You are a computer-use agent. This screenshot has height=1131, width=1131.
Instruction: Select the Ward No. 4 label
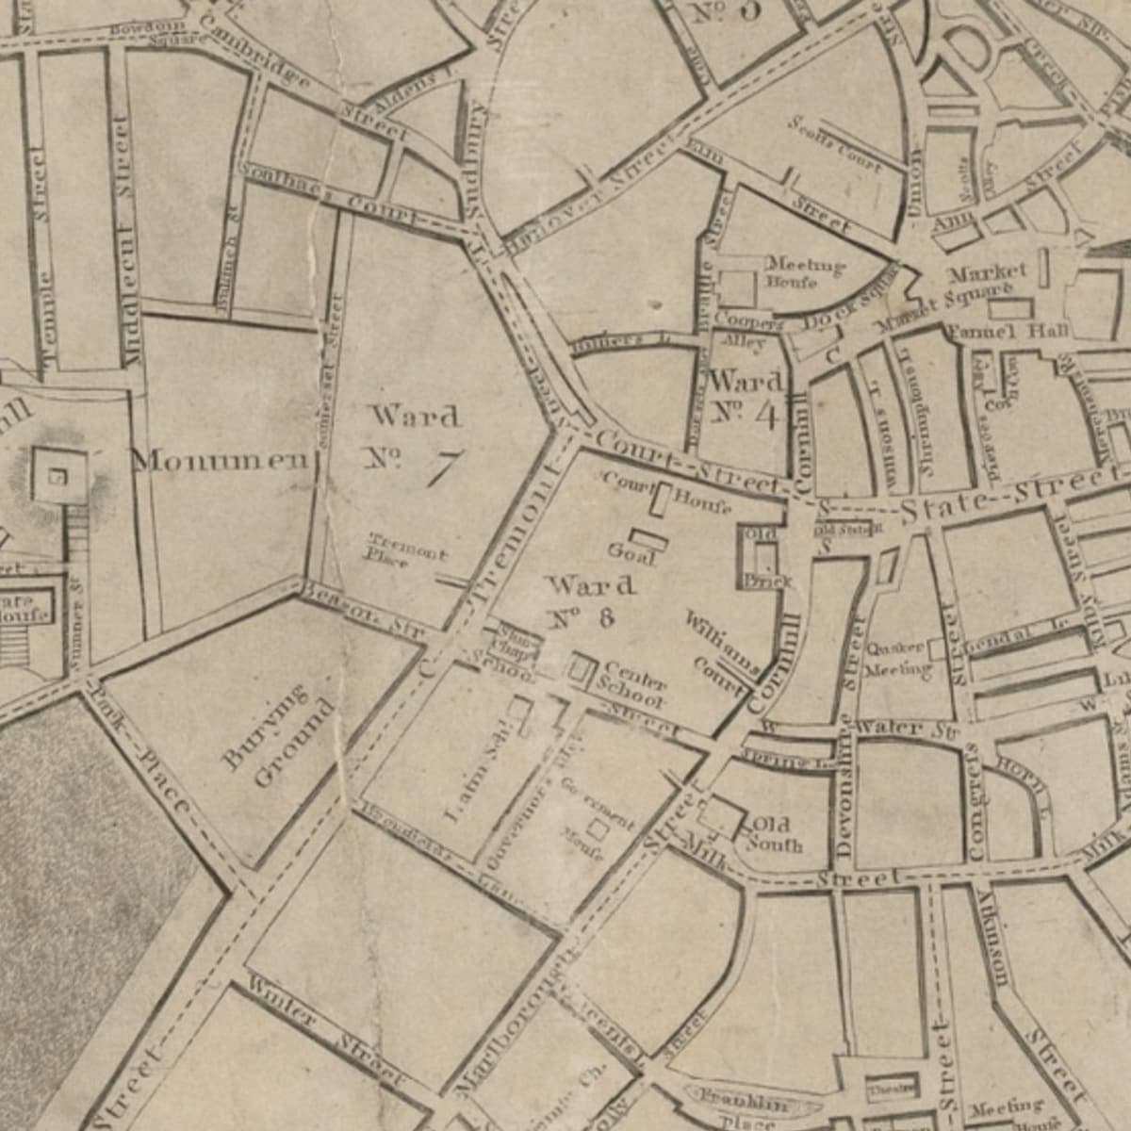tap(747, 397)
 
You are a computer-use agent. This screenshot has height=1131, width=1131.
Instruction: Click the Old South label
tap(773, 835)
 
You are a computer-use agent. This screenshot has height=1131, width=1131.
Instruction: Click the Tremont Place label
tap(405, 550)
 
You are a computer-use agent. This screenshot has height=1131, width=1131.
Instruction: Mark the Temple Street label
tap(41, 254)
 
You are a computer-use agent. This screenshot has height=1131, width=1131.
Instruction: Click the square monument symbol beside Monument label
tap(57, 476)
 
